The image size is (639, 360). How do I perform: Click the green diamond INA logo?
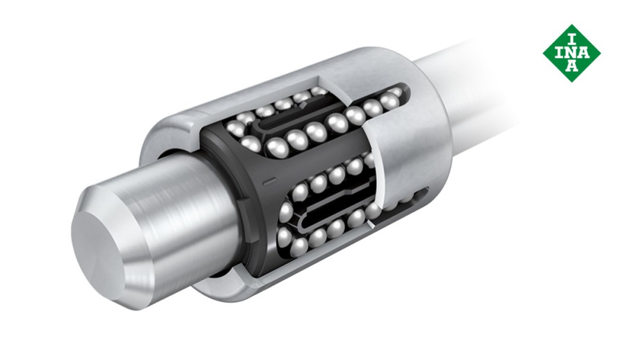point(572,53)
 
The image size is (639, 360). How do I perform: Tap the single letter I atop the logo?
point(572,40)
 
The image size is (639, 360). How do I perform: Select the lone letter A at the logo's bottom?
point(572,66)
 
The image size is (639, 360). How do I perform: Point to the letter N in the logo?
point(572,53)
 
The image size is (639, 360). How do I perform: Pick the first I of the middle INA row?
point(560,53)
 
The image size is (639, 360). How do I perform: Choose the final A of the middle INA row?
point(584,53)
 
